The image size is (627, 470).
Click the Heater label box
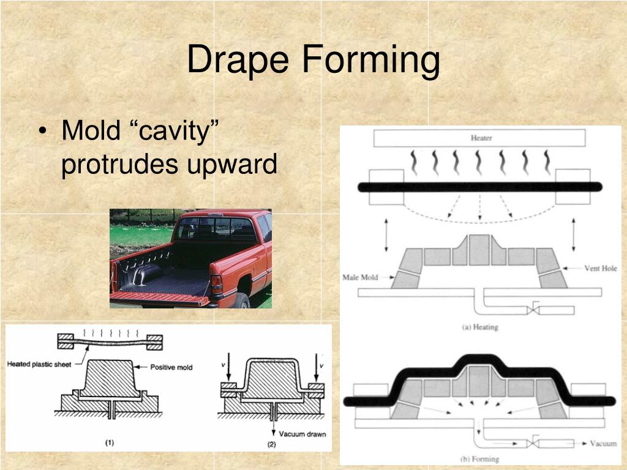pyautogui.click(x=481, y=138)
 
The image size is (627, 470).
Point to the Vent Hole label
pyautogui.click(x=600, y=268)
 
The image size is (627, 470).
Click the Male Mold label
pyautogui.click(x=360, y=278)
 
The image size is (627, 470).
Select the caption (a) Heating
pyautogui.click(x=480, y=327)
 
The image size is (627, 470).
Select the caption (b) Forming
pyautogui.click(x=479, y=458)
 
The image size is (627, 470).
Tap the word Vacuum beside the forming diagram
pyautogui.click(x=603, y=443)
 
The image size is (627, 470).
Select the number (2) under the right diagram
pyautogui.click(x=272, y=445)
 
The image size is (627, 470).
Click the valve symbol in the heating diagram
pyautogui.click(x=534, y=310)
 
